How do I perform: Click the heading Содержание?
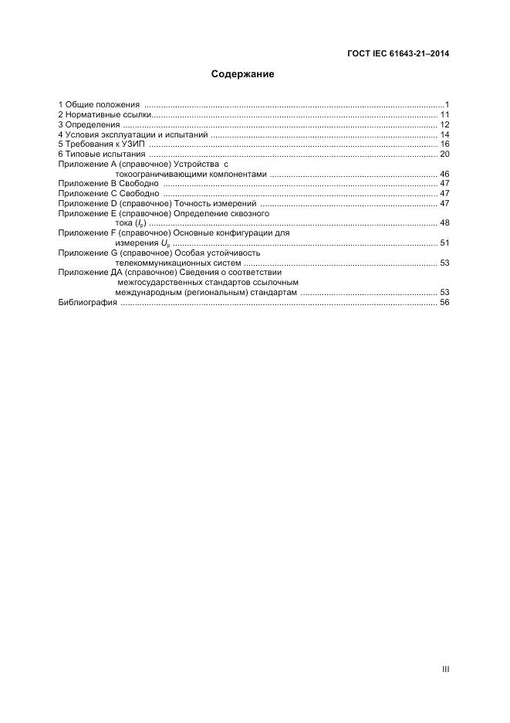coord(243,75)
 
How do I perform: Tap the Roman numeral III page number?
coord(445,670)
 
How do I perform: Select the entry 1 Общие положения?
coord(99,104)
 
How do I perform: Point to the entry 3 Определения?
coord(90,124)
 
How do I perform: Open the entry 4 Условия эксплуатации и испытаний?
coord(133,134)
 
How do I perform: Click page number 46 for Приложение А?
coord(444,175)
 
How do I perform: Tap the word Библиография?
coord(88,303)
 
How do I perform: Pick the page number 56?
coord(444,303)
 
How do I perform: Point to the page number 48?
coord(444,223)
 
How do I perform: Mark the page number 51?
coord(444,243)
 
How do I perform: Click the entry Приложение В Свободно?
coord(109,184)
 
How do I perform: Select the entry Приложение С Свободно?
coord(109,194)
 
